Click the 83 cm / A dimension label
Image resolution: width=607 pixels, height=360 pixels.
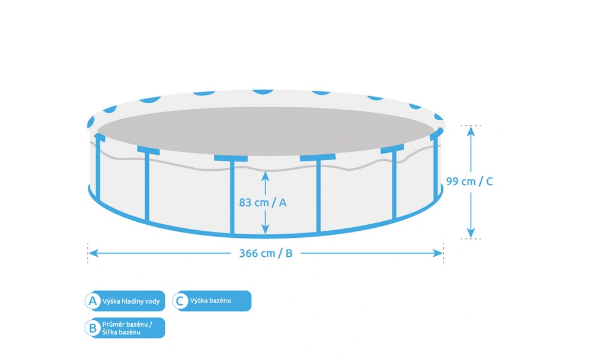point(263,202)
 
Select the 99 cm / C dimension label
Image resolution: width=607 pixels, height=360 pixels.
point(469,181)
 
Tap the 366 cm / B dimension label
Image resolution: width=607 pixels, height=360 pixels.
point(266,253)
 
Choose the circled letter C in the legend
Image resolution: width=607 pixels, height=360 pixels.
point(180,301)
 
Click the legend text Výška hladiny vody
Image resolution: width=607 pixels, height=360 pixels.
point(131,301)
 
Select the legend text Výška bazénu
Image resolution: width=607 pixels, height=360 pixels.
point(210,301)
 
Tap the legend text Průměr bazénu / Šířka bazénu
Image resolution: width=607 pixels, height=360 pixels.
point(127,328)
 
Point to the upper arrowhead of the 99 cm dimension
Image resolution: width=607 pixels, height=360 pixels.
point(471,130)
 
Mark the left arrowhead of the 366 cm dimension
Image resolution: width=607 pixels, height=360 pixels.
point(92,253)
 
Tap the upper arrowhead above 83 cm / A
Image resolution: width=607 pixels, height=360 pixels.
point(265,176)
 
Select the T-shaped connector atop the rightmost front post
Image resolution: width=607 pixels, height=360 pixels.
point(392,150)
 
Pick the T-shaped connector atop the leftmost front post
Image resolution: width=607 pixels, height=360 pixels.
point(148,150)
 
